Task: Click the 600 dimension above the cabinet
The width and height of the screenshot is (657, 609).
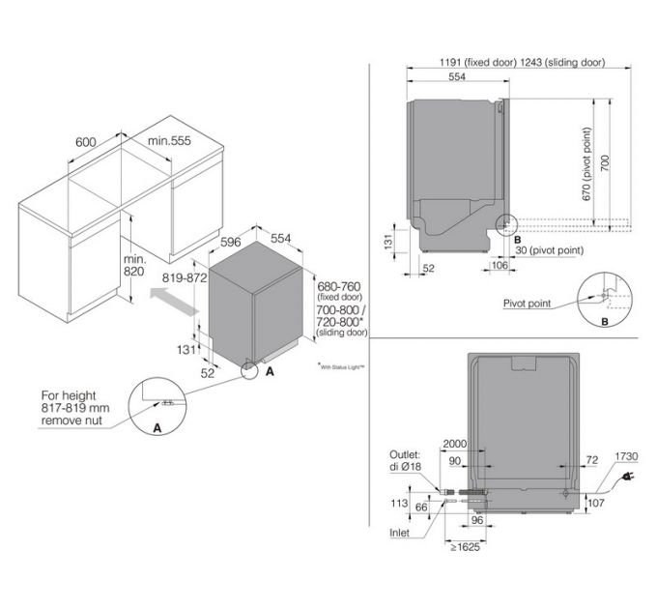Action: (85, 141)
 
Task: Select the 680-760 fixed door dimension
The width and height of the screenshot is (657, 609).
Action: (341, 287)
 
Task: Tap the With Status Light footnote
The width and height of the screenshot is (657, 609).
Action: (346, 366)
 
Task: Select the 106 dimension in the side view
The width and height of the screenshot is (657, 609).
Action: (500, 264)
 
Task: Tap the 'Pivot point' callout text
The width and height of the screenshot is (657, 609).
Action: (528, 303)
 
